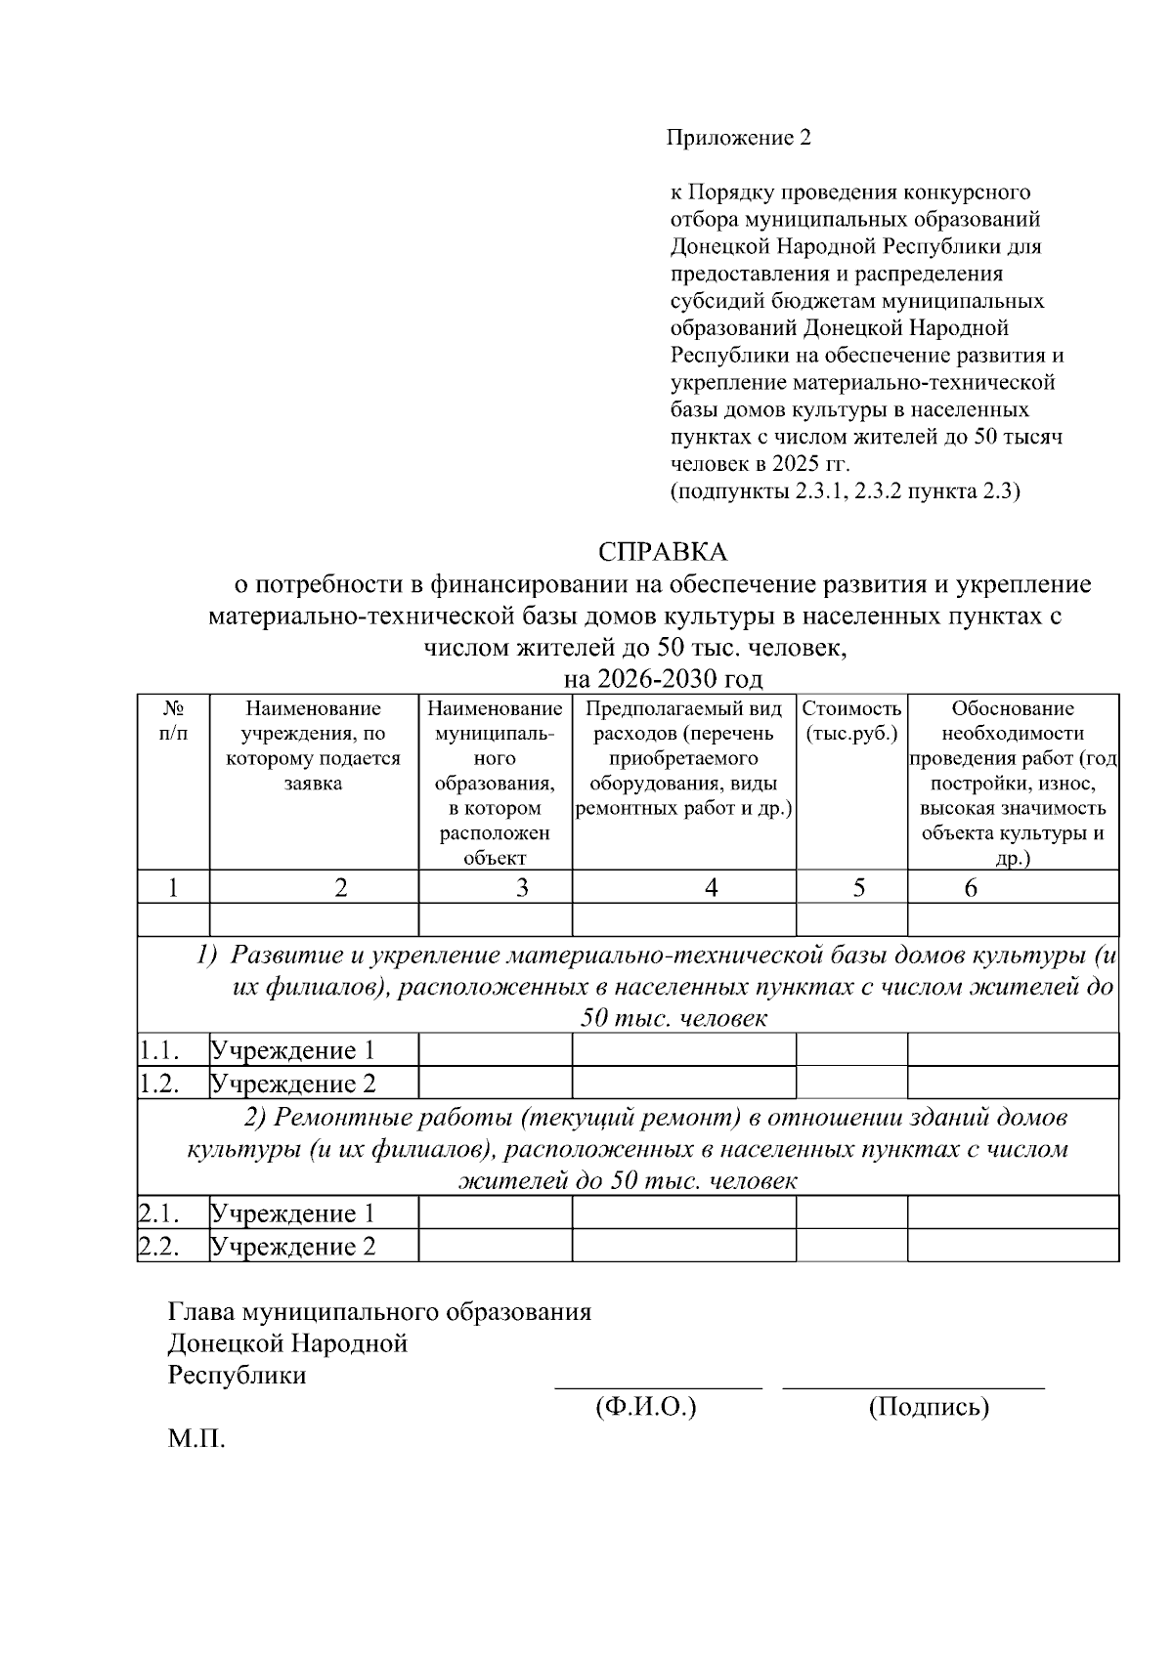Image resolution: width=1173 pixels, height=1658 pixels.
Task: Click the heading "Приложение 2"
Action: point(739,138)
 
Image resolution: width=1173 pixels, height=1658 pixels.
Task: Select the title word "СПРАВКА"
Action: point(663,552)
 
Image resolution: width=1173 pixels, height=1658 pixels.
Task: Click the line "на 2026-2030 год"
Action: point(663,678)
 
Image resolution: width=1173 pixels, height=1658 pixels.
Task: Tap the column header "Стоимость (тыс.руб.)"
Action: point(851,721)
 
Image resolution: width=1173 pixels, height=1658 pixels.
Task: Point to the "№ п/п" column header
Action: point(173,720)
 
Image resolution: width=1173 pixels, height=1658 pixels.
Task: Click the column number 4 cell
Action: point(712,887)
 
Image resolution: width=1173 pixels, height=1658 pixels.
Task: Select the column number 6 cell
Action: point(971,887)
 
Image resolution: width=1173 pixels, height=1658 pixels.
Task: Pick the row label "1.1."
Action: point(157,1050)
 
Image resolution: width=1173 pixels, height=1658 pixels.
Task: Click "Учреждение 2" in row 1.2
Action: point(293,1084)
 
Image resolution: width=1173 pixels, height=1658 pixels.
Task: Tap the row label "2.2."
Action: point(157,1247)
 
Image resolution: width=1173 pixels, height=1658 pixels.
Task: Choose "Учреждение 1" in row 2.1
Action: point(293,1213)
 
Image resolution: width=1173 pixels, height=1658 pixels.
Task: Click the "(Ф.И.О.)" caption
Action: point(645,1407)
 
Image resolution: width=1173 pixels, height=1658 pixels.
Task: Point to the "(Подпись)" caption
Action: point(929,1407)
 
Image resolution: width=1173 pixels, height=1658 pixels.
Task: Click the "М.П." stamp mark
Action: point(196,1439)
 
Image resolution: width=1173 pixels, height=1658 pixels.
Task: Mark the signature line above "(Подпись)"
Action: point(913,1385)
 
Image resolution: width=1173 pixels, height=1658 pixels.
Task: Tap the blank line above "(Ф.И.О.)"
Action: point(658,1385)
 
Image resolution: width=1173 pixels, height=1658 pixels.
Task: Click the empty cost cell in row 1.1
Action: point(851,1050)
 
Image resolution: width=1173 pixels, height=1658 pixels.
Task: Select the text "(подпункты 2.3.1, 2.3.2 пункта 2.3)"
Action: point(845,491)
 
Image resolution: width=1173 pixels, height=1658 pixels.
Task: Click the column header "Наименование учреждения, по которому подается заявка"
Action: point(314,745)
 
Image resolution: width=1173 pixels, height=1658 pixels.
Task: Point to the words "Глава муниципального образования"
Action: point(380,1311)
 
